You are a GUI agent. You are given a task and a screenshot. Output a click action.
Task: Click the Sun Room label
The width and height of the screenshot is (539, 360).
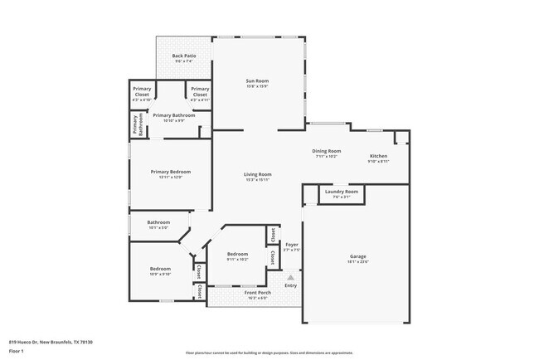coord(259,81)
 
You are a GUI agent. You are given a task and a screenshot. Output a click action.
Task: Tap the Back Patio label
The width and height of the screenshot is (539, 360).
coord(182,56)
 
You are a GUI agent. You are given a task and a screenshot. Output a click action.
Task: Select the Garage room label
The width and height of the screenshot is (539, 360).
coord(358,256)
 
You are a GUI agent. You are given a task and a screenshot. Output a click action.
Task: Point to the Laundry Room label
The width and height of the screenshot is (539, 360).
coord(341,192)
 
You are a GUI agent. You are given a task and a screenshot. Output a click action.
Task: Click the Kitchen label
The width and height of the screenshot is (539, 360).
coord(378,156)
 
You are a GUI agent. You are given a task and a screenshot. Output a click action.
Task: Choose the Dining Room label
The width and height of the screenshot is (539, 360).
coord(326,151)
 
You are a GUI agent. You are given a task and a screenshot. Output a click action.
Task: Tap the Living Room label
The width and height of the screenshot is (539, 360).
coord(258,174)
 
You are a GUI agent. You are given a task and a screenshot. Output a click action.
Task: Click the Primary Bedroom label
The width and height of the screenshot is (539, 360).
coord(171,172)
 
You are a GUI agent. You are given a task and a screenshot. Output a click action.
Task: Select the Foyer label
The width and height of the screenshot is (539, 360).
coord(291,244)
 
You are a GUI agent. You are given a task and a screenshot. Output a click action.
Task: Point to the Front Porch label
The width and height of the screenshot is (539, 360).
coord(256,293)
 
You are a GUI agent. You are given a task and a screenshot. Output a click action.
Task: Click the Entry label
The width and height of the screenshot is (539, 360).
coord(290,285)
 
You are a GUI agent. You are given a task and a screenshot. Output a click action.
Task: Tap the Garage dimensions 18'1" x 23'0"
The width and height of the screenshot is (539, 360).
coord(358,262)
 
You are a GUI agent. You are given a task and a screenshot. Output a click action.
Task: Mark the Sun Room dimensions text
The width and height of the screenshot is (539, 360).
coord(259,87)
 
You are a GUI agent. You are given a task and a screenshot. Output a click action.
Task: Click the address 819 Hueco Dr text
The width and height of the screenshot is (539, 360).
coord(51,342)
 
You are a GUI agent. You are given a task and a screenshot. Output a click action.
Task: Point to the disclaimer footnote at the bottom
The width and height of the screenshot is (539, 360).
coord(269,353)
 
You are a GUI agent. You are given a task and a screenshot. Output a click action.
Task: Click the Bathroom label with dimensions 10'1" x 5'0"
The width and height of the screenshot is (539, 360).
coord(158,222)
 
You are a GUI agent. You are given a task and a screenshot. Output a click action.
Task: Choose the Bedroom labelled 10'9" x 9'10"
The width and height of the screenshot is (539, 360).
coord(160,269)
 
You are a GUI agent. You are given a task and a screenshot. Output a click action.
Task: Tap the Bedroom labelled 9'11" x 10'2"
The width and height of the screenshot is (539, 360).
coord(238,254)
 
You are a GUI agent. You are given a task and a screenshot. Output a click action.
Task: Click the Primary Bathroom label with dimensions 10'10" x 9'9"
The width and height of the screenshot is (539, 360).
coord(174,115)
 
